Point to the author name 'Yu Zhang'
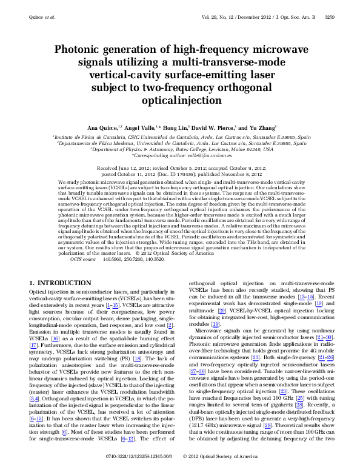point(261,128)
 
